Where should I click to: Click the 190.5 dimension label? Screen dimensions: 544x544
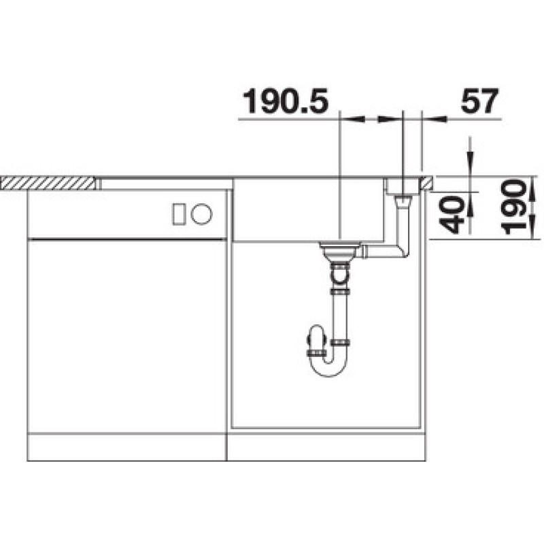pyautogui.click(x=285, y=101)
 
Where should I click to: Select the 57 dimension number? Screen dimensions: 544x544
pyautogui.click(x=479, y=101)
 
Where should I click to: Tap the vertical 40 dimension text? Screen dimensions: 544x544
pyautogui.click(x=452, y=214)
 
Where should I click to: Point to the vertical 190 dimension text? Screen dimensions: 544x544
pyautogui.click(x=514, y=207)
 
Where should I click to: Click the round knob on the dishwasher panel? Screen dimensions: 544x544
pyautogui.click(x=201, y=214)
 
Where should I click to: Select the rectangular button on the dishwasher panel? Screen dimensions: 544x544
pyautogui.click(x=178, y=214)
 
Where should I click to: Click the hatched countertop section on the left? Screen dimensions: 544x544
pyautogui.click(x=48, y=183)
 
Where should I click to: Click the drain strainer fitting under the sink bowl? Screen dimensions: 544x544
pyautogui.click(x=336, y=251)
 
